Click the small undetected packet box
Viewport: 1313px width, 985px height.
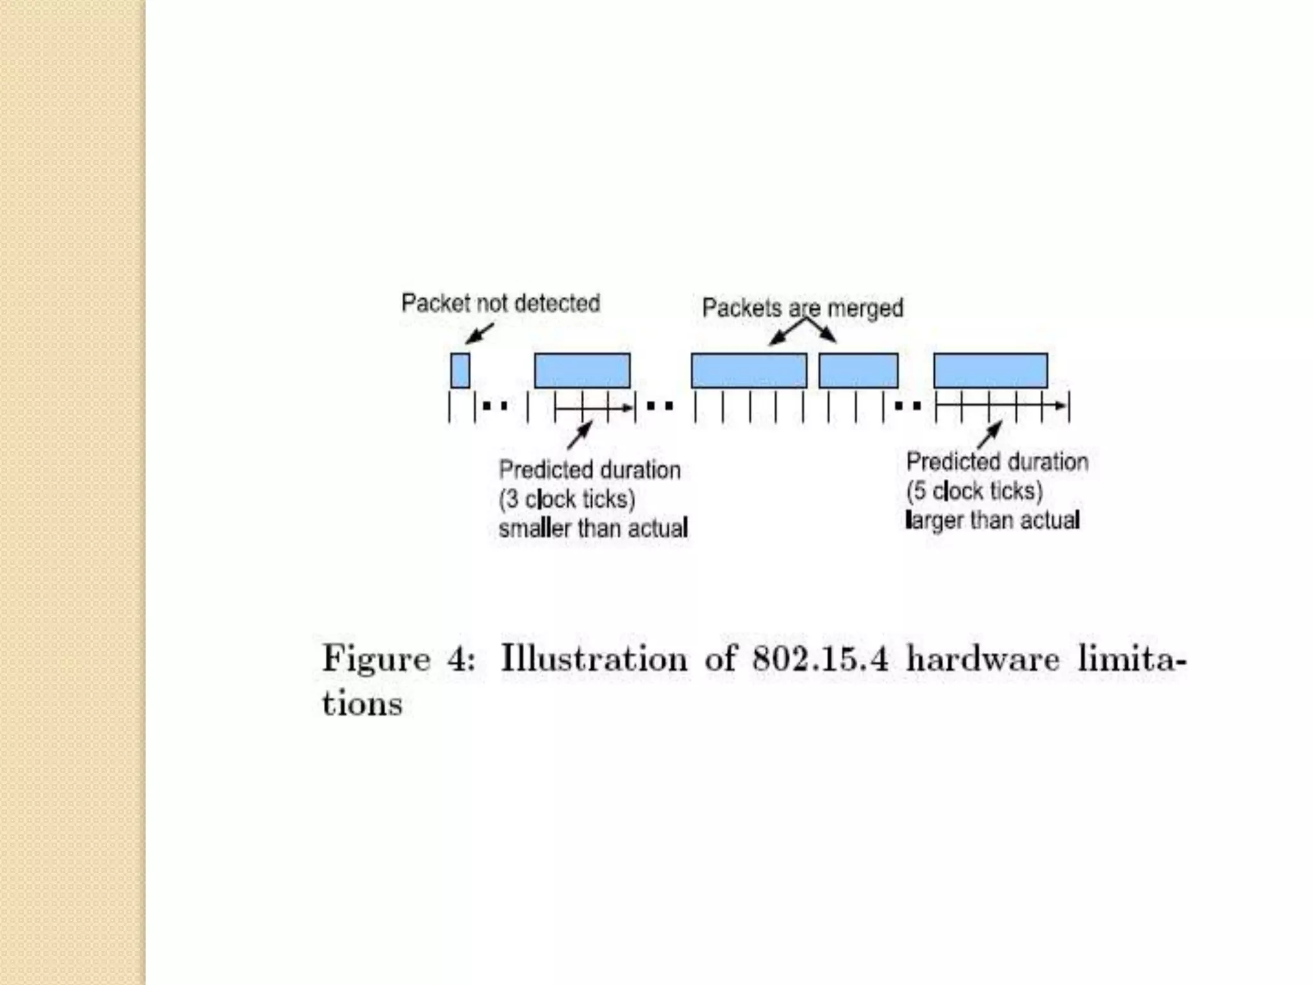460,370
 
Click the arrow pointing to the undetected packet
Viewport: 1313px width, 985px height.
479,333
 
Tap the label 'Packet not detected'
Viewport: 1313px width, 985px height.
500,303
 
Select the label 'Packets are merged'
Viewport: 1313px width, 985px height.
802,308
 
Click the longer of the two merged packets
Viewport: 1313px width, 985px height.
748,371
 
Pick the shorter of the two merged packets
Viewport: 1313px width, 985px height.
858,371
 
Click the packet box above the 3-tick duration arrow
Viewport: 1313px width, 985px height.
582,371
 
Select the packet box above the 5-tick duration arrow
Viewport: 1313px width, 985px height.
990,371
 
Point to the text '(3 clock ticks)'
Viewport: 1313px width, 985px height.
567,499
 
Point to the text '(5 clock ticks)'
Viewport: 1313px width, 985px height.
974,491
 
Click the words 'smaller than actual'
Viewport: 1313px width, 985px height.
593,528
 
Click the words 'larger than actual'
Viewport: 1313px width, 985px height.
992,520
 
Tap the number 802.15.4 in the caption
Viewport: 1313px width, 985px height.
820,659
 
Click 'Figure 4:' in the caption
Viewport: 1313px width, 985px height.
398,659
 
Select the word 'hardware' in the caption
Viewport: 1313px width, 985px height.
982,659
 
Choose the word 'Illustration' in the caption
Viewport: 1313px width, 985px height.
593,659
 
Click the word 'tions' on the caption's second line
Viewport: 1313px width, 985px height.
362,703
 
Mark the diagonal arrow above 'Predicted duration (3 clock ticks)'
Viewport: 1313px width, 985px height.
579,435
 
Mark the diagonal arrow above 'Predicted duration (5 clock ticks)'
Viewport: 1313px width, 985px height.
989,434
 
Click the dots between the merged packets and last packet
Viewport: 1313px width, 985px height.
908,406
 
